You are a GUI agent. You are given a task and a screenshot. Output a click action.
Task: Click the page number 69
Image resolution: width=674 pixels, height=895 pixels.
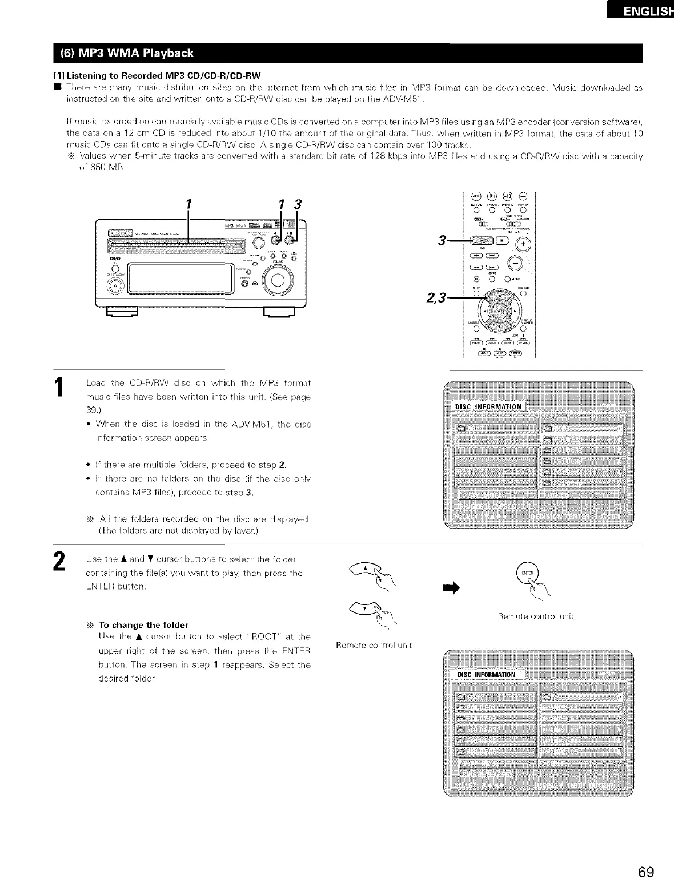[x=646, y=872]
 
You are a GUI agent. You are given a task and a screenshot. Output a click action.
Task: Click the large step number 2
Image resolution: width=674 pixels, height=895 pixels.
[x=58, y=562]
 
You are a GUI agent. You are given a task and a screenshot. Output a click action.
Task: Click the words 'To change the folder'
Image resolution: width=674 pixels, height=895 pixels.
[x=143, y=624]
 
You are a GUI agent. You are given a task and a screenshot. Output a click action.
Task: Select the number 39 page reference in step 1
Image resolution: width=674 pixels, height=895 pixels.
[x=90, y=410]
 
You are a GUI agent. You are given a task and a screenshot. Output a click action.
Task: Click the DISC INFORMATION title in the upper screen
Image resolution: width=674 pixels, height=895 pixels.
[x=488, y=406]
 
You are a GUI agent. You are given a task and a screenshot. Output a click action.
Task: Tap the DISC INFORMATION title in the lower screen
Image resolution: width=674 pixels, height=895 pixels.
[x=487, y=675]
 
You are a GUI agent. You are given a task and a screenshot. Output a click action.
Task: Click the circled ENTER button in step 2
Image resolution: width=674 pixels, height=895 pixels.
[x=526, y=573]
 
